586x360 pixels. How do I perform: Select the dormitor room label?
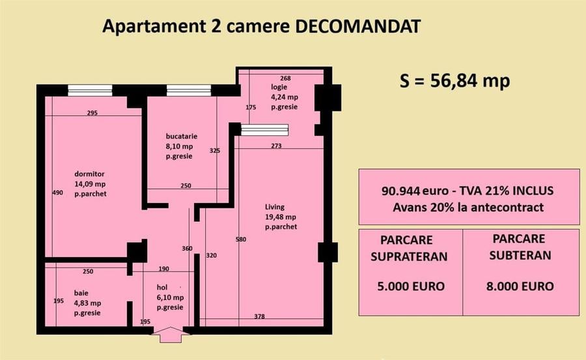click(x=89, y=174)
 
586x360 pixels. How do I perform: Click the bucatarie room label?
click(x=181, y=137)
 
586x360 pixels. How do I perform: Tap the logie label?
click(x=279, y=87)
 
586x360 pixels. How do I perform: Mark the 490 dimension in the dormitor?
click(x=57, y=193)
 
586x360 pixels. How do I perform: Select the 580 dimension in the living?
click(x=241, y=240)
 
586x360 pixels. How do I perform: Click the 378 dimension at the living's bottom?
click(x=259, y=316)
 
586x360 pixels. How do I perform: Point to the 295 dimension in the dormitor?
click(x=92, y=113)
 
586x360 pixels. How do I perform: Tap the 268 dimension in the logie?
click(x=285, y=78)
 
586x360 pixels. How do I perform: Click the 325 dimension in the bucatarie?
click(x=215, y=150)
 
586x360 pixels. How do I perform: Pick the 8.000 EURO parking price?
click(x=520, y=286)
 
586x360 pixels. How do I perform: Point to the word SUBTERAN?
click(x=520, y=255)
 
